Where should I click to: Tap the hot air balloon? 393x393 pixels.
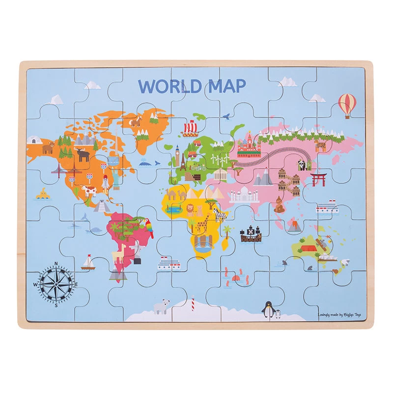click(347, 105)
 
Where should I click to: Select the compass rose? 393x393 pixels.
click(56, 283)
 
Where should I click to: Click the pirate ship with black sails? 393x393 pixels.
click(251, 234)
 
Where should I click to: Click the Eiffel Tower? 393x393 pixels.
click(183, 162)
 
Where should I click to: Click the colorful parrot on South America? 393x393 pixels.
click(147, 229)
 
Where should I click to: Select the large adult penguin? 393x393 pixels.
click(269, 309)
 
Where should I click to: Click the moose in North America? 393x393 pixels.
click(82, 154)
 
